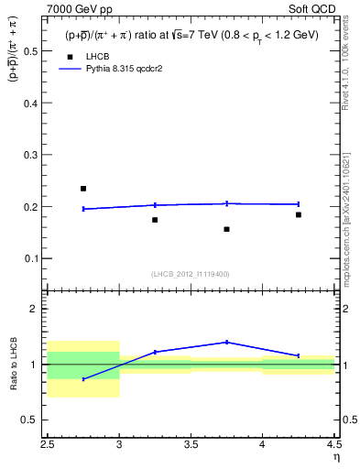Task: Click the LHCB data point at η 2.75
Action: [83, 189]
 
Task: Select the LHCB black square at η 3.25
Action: [155, 220]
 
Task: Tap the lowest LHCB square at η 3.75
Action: [226, 229]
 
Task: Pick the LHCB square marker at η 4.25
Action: [298, 214]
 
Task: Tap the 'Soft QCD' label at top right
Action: [314, 9]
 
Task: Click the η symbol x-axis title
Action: [335, 457]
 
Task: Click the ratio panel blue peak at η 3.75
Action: [226, 342]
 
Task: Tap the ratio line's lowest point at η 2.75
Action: [83, 379]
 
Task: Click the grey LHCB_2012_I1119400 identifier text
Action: [191, 273]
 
